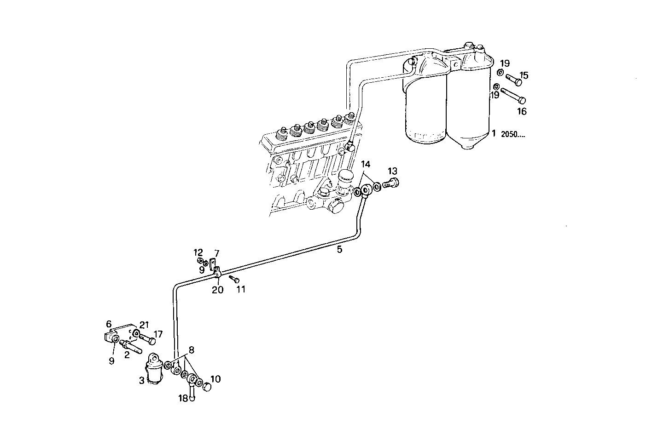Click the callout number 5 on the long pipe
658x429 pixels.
339,250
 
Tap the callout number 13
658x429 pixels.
392,171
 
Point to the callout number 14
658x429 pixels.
365,164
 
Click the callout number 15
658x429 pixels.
524,75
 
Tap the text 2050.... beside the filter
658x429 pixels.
512,134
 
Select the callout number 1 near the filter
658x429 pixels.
493,133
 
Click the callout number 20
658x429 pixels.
217,290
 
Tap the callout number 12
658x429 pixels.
198,252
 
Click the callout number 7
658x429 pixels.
216,253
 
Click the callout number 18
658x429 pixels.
183,398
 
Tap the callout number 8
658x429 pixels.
191,350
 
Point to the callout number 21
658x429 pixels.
145,326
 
